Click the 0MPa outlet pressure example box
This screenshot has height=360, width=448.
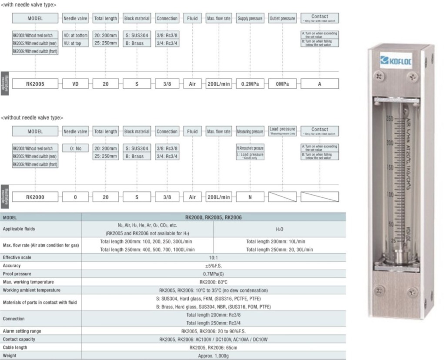(x=283, y=84)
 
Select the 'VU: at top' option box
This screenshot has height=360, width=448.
(x=76, y=43)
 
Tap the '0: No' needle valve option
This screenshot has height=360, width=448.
(x=76, y=148)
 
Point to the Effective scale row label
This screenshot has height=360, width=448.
(x=17, y=257)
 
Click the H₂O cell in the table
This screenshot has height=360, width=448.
(x=280, y=228)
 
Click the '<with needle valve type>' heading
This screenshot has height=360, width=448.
(x=28, y=4)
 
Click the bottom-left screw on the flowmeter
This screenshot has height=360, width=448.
(x=379, y=290)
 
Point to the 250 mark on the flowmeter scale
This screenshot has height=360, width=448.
(x=390, y=118)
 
